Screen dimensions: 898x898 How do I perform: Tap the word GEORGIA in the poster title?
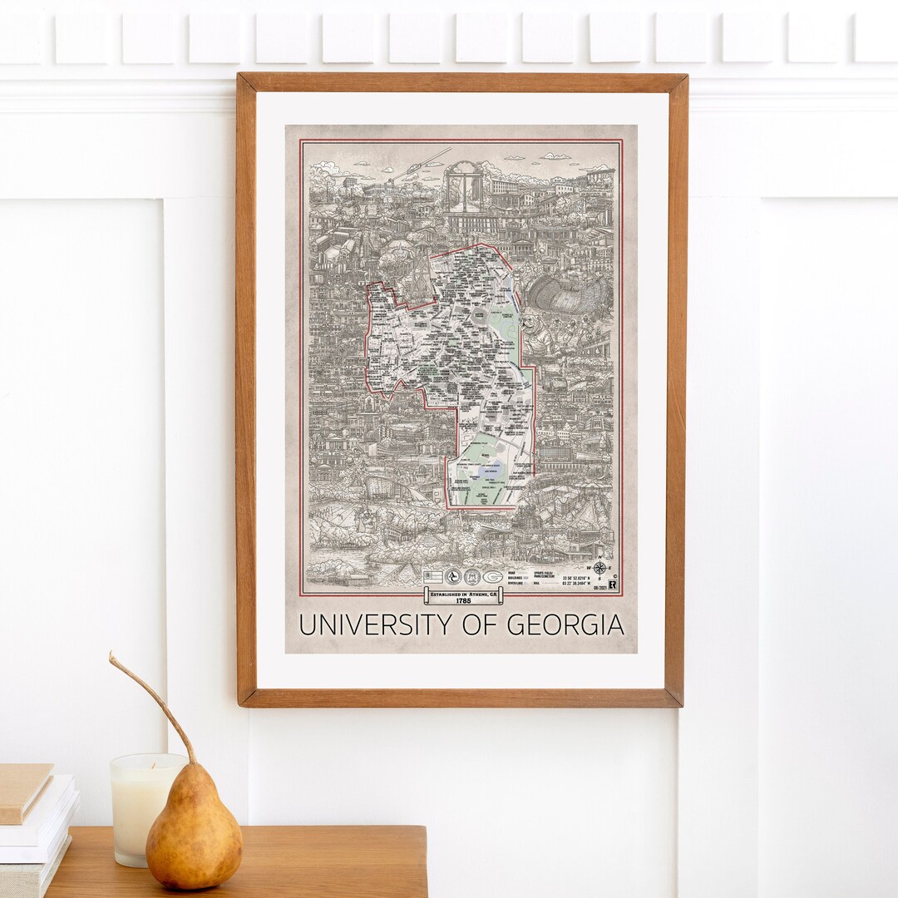(565, 624)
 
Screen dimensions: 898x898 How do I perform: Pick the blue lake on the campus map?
(485, 475)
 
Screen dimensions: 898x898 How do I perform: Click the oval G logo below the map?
(493, 576)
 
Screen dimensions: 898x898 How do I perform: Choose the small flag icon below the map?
(432, 576)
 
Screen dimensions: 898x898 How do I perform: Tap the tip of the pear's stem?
(111, 657)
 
